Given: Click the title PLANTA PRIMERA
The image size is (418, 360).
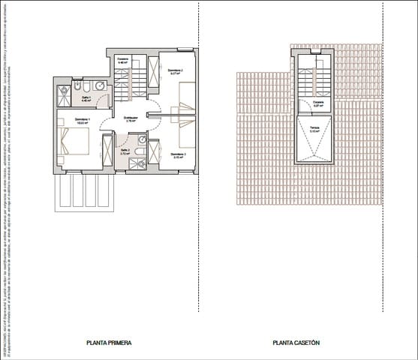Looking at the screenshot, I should tap(110, 343).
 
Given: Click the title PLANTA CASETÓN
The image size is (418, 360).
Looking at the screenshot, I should tap(296, 343).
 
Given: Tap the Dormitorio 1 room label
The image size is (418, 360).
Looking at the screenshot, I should tap(83, 120).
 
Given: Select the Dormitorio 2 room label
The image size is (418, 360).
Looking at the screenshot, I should tap(176, 70).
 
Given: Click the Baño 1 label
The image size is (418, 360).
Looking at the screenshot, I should tap(85, 98).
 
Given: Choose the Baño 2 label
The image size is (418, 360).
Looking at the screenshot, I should tap(125, 151).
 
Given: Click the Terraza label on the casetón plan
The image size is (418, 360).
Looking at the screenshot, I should tap(314, 129).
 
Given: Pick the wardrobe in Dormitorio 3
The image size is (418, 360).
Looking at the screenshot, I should tap(154, 153).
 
